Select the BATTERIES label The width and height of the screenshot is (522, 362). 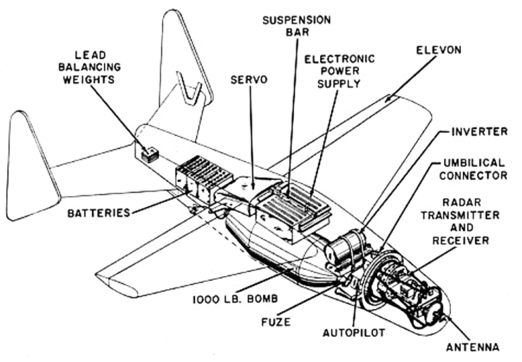(x=99, y=213)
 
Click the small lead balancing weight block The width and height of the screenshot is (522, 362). (x=150, y=154)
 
